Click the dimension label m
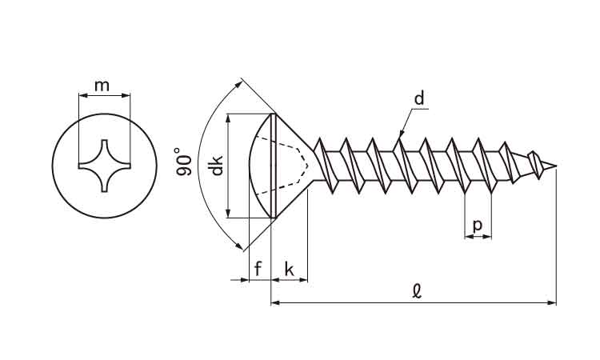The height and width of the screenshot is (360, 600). tap(102, 85)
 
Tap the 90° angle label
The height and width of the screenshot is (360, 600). tap(183, 162)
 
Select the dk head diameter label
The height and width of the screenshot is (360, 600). tap(215, 166)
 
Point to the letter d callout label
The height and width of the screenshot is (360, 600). tap(419, 100)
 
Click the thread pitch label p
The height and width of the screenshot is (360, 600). tap(478, 225)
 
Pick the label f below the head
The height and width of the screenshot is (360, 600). tap(258, 270)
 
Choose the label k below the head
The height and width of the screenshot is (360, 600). tap(290, 270)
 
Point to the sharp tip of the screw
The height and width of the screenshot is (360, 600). tap(555, 166)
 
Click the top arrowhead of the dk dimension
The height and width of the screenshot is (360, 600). tap(230, 117)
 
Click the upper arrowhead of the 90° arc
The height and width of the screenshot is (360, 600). tap(239, 82)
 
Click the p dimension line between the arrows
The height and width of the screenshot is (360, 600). tap(478, 237)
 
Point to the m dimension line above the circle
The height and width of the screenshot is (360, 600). tap(104, 95)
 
